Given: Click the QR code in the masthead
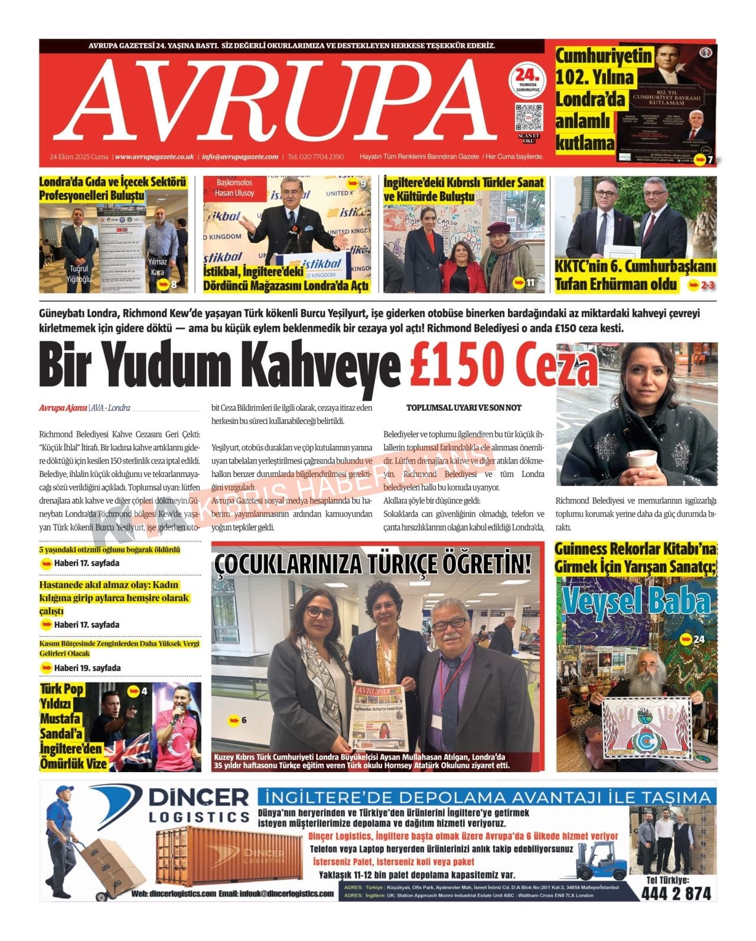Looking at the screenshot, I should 528,117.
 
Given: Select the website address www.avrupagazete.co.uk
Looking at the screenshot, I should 154,157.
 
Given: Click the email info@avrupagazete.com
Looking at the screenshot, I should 240,157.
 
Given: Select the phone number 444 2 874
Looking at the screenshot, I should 676,893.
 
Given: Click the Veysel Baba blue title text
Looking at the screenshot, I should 637,602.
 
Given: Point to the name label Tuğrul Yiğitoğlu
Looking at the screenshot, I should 79,274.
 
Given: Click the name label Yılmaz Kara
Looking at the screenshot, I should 158,267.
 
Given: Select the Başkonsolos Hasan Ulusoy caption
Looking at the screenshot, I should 234,188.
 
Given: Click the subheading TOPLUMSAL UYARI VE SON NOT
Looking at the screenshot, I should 464,408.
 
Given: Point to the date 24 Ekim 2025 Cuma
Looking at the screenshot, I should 79,157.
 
